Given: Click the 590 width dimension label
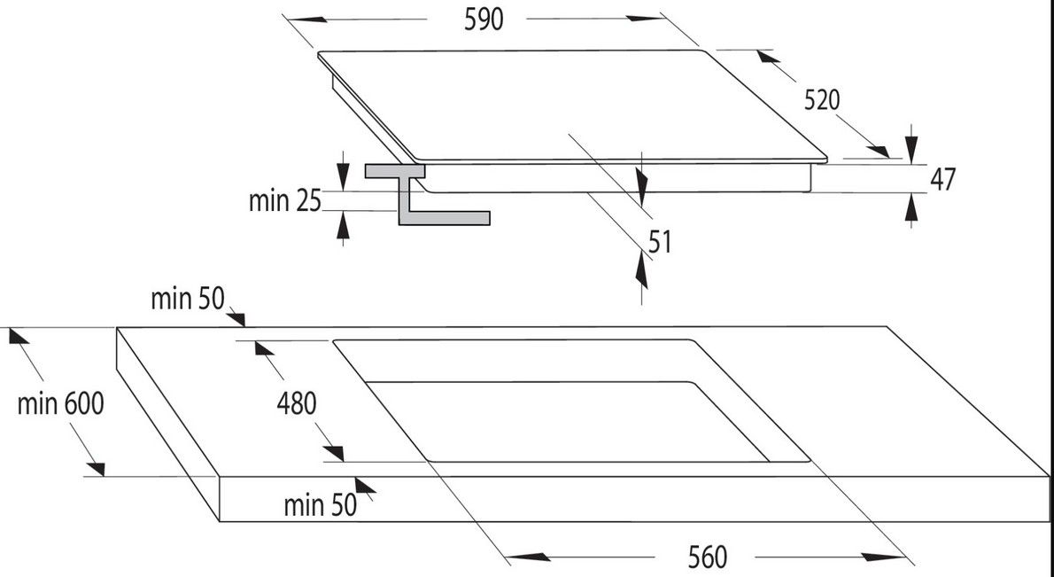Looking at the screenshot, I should (484, 19).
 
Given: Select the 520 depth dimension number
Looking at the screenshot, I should (821, 100).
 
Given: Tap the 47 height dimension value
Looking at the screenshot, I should (942, 179).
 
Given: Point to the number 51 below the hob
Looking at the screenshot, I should (659, 242).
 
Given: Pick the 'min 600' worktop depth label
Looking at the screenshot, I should (60, 404).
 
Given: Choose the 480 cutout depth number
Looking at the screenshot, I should (296, 404).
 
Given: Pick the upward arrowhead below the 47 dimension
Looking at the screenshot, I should (912, 207).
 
